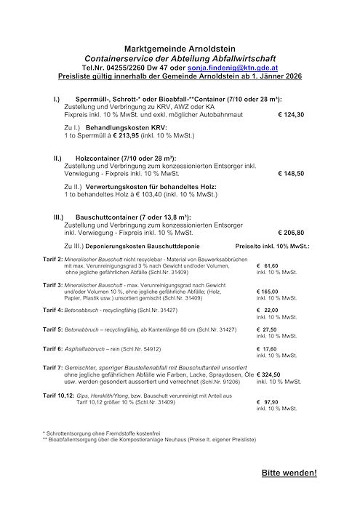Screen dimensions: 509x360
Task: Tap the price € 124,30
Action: pyautogui.click(x=290, y=114)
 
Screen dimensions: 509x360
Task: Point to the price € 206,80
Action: pyautogui.click(x=290, y=234)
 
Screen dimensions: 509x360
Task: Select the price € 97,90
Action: pyautogui.click(x=268, y=401)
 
